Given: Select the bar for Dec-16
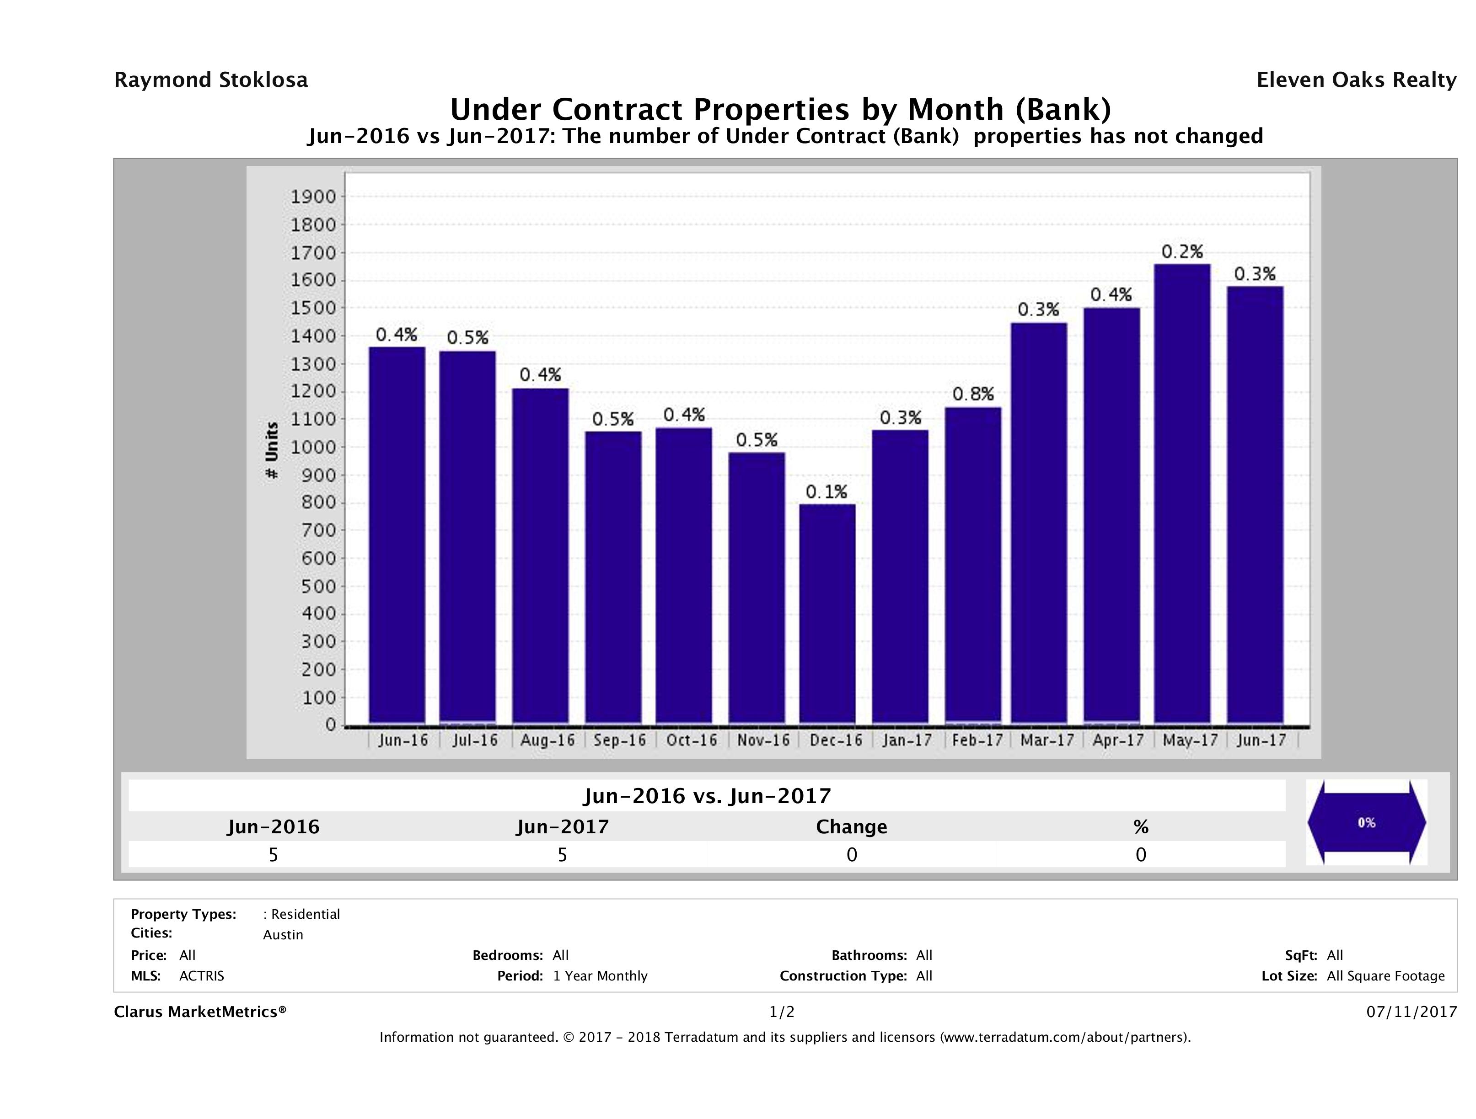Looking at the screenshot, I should [x=827, y=613].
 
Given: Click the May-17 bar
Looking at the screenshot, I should [x=1182, y=494].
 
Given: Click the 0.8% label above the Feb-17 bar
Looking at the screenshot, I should [x=973, y=394].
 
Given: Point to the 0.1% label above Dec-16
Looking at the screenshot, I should [x=826, y=492].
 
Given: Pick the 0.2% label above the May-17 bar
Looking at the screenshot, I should [x=1182, y=252].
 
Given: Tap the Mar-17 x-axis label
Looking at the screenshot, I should [x=1047, y=740].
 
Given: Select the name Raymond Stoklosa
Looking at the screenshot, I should [x=211, y=80].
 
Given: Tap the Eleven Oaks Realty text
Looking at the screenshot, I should [x=1356, y=80].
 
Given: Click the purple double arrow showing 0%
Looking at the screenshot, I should [x=1366, y=823].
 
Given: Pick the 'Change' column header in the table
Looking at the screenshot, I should [x=852, y=827].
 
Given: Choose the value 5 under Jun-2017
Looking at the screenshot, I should [x=563, y=855].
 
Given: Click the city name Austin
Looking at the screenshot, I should [x=283, y=935].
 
